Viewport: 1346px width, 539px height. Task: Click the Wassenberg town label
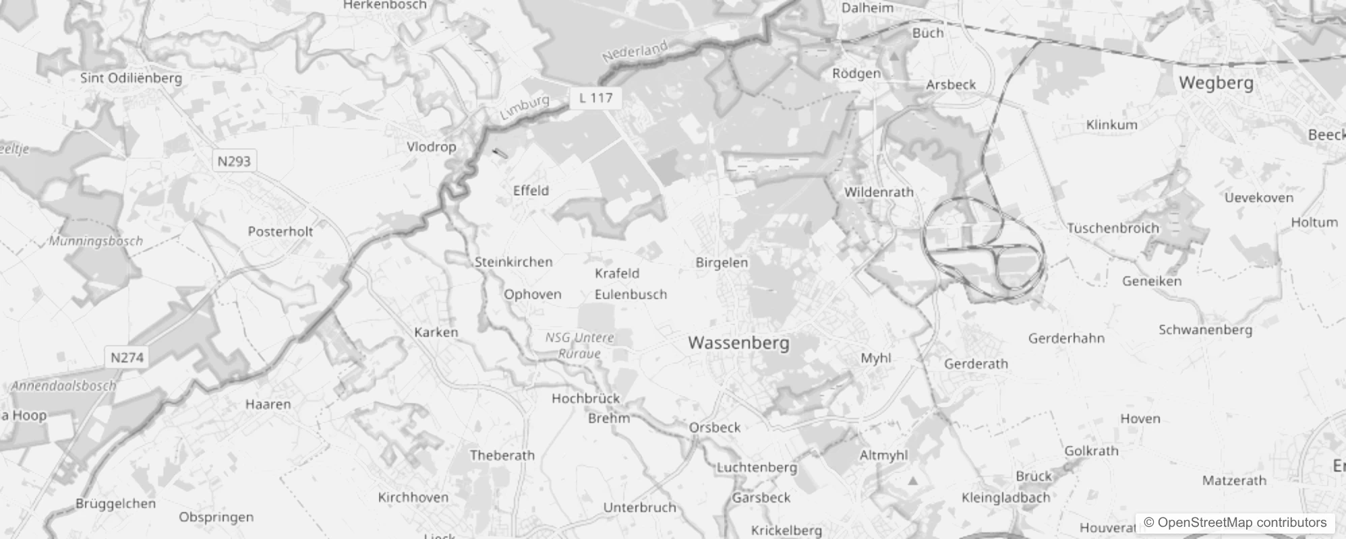click(x=738, y=342)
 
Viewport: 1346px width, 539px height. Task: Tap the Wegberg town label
click(x=1216, y=83)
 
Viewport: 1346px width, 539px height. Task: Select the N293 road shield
click(x=234, y=161)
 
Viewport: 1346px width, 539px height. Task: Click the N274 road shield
click(x=127, y=357)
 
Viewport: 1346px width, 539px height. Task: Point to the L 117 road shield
click(x=596, y=98)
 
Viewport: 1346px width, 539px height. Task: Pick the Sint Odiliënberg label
click(x=131, y=78)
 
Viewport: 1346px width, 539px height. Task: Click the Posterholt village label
click(x=281, y=231)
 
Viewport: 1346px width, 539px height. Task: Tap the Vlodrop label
click(x=432, y=146)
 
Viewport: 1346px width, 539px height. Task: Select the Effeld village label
click(x=531, y=191)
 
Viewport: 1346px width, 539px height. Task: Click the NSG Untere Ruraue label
click(x=580, y=345)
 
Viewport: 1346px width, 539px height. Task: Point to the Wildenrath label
click(x=879, y=192)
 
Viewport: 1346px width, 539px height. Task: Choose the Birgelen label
click(x=722, y=262)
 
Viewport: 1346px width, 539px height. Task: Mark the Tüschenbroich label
click(x=1113, y=228)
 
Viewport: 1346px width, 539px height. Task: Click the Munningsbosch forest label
click(x=96, y=241)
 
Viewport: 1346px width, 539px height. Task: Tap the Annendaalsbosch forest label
click(x=63, y=386)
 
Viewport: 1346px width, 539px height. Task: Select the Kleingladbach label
click(x=1005, y=498)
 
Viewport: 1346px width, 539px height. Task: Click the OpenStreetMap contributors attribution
click(x=1235, y=523)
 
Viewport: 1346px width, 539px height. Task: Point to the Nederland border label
click(x=634, y=52)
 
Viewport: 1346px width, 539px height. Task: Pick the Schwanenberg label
click(x=1205, y=330)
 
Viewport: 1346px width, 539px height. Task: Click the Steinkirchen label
click(x=513, y=262)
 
